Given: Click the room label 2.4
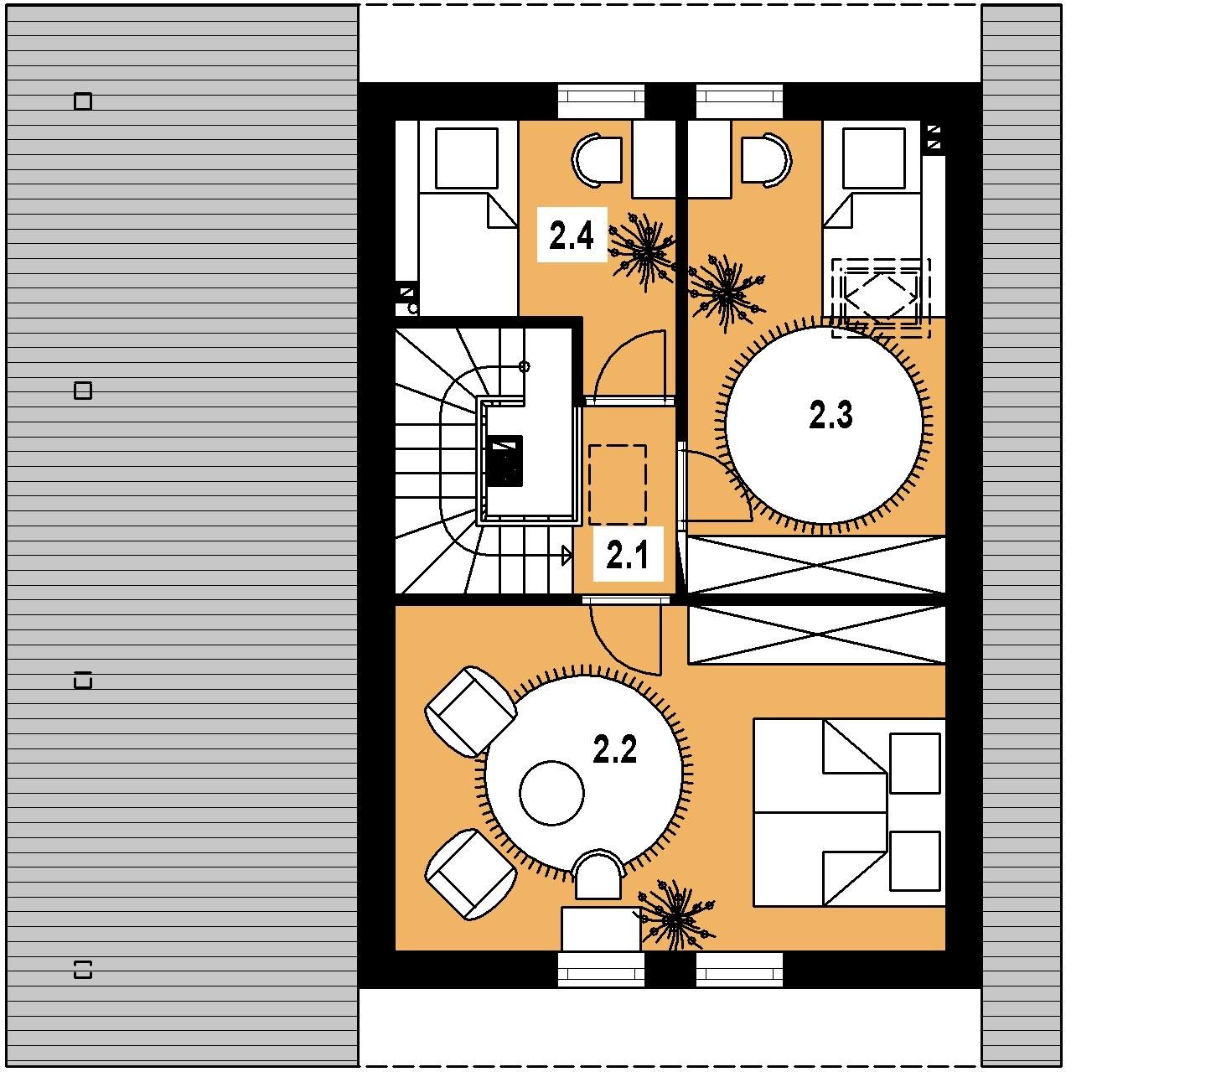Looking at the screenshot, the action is [571, 236].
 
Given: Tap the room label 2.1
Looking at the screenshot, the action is [627, 555].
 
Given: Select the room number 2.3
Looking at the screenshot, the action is [831, 416].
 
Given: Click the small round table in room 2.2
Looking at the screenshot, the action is [551, 793].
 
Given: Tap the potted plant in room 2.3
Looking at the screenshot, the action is [727, 293].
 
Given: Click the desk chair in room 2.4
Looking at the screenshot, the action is [598, 159].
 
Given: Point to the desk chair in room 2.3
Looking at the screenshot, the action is [767, 159].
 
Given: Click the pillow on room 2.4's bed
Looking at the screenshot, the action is [466, 159].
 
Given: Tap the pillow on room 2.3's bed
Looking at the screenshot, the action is [874, 159].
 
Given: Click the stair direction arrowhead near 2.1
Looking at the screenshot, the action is [567, 556].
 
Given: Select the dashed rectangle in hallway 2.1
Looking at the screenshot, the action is [617, 485].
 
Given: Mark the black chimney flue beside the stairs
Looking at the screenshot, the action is [506, 460].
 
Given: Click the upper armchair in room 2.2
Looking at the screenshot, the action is [470, 712].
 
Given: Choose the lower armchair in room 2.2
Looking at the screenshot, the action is [470, 874].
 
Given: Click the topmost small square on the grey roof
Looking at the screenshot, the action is [83, 101].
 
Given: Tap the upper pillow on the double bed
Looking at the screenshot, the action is [914, 763].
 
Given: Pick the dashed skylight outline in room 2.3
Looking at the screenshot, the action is [881, 298].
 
